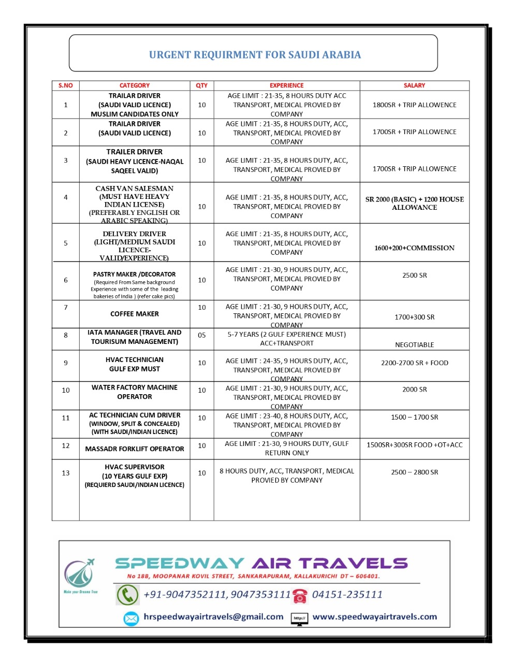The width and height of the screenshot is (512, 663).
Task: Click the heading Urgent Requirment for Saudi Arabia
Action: tap(255, 55)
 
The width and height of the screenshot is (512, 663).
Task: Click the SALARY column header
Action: tap(414, 85)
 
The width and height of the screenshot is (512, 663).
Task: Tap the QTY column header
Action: tap(201, 85)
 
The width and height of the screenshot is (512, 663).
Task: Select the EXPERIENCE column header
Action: tap(286, 85)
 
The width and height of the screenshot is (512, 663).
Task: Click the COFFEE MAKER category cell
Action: tap(135, 314)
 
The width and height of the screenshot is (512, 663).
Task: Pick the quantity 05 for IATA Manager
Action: tap(201, 335)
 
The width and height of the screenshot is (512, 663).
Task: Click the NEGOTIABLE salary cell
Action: tap(414, 344)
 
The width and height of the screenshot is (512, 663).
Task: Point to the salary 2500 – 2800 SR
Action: tap(414, 472)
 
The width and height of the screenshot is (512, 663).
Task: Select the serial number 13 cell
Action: tap(66, 473)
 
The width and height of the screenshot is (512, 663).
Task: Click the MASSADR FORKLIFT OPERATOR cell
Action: tap(135, 449)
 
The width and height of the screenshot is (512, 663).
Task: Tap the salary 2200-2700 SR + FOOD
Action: tap(414, 363)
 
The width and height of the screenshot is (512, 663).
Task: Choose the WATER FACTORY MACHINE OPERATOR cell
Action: tap(135, 392)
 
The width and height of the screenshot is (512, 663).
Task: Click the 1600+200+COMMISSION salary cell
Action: tap(414, 248)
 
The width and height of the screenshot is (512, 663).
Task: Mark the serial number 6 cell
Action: tap(66, 280)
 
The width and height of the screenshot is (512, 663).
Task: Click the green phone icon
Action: tap(127, 595)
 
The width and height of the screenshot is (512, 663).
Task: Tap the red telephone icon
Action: tap(300, 596)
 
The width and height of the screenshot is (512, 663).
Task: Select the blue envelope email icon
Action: tap(131, 618)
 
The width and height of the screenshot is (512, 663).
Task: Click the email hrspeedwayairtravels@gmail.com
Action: tap(213, 617)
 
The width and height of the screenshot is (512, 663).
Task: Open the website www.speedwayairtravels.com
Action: tap(374, 617)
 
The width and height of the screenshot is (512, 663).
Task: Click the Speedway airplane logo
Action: tap(80, 574)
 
